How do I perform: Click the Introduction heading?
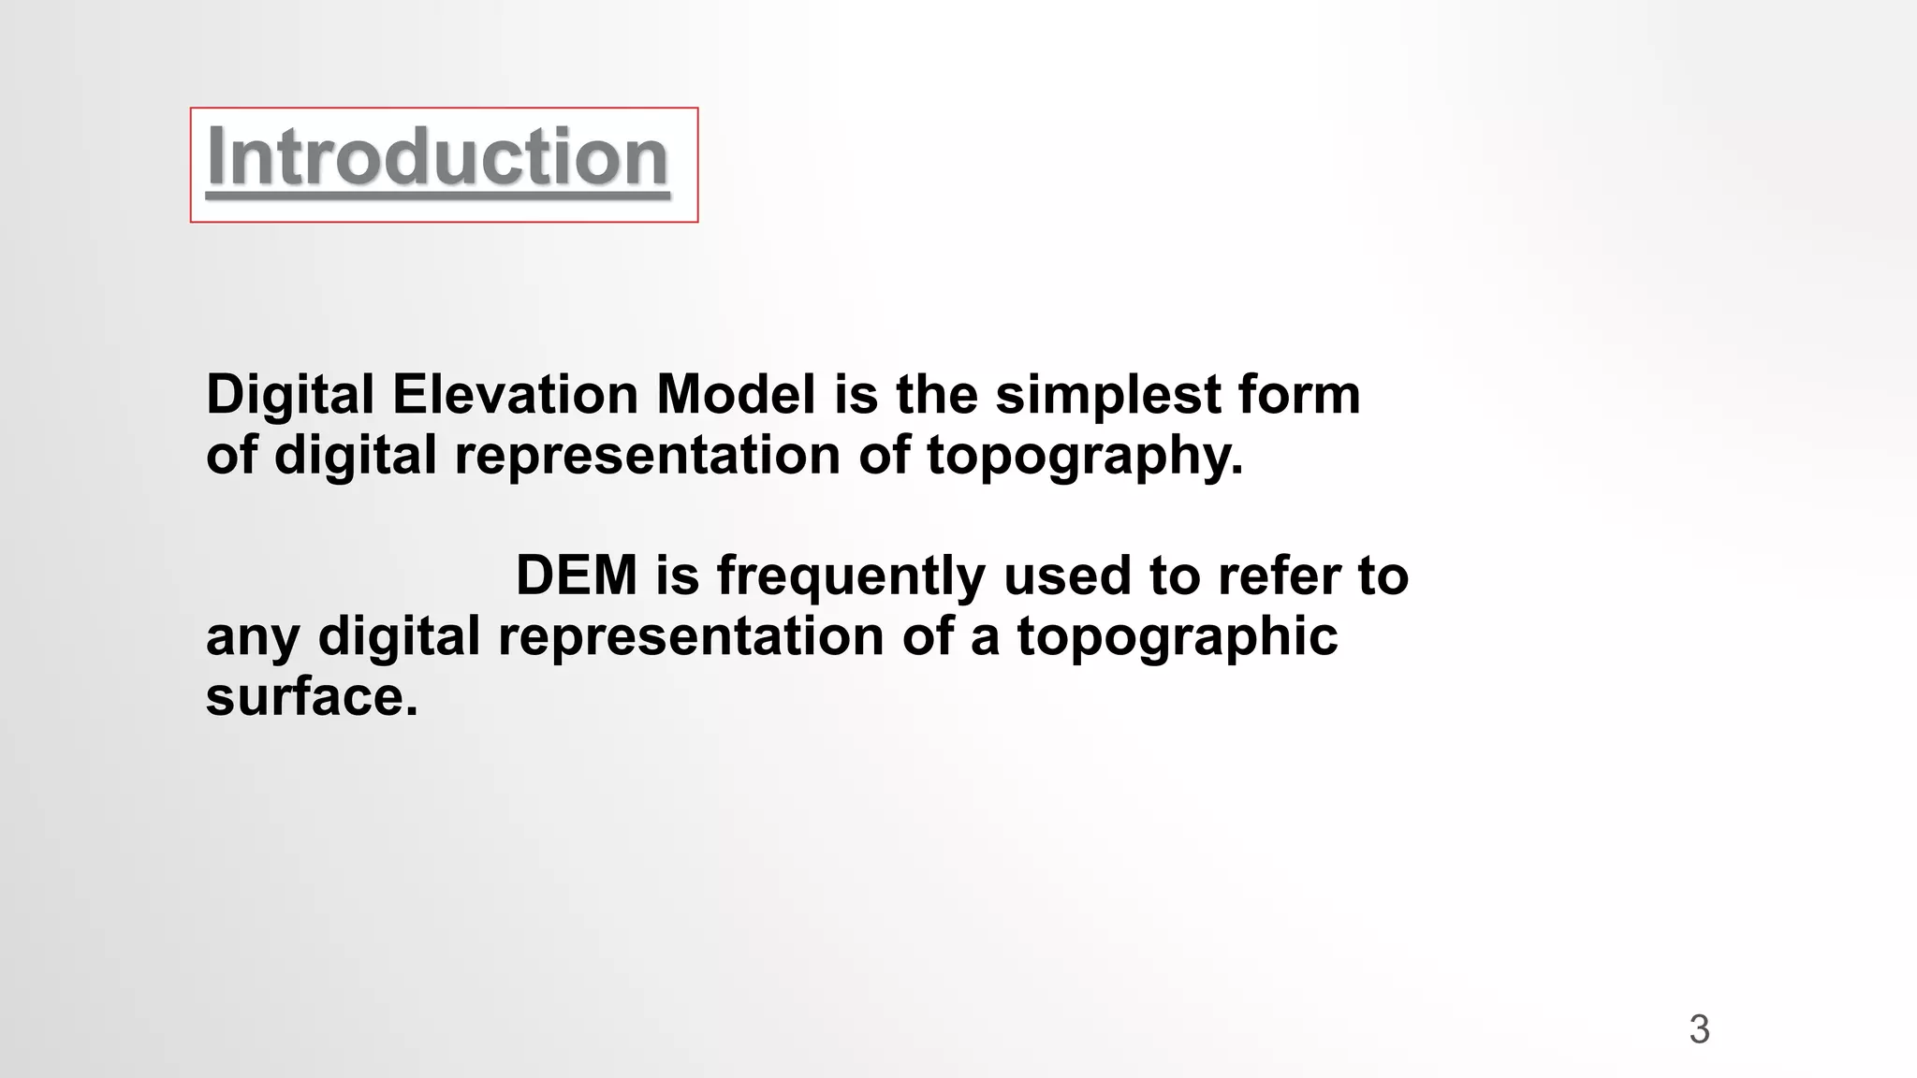(x=437, y=157)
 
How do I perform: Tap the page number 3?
(x=1699, y=1029)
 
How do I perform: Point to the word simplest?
(x=1108, y=396)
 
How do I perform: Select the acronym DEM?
(x=576, y=575)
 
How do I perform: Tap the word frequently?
(x=851, y=576)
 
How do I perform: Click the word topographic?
(x=1177, y=638)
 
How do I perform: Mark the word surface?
(x=312, y=697)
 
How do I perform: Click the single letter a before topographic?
(x=985, y=638)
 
